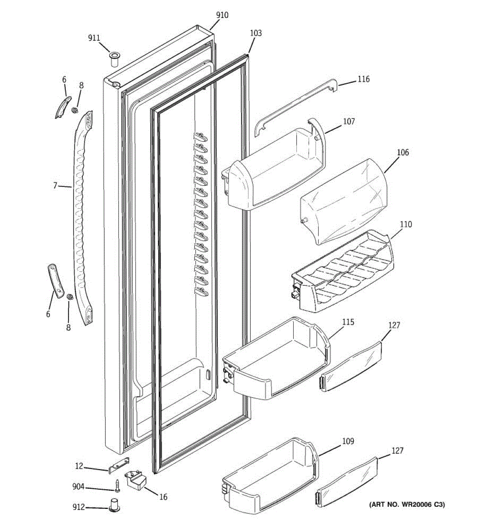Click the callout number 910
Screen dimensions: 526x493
tap(222, 15)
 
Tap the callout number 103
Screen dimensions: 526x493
tap(255, 33)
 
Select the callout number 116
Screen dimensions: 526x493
tap(363, 79)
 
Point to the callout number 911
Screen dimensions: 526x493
tap(94, 39)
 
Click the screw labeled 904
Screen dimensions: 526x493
tap(118, 486)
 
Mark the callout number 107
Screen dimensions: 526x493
tap(349, 121)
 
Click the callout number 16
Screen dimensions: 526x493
tap(163, 497)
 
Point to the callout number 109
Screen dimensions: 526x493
tap(348, 441)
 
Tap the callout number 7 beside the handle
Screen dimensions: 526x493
tap(55, 186)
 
